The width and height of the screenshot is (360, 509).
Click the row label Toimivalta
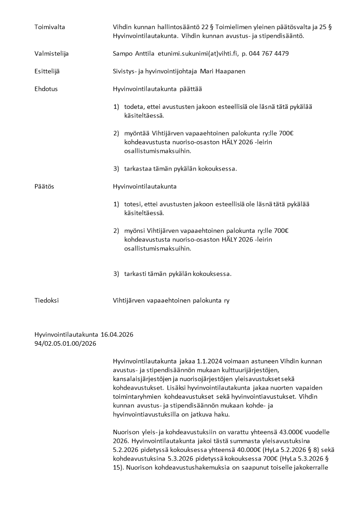coord(50,27)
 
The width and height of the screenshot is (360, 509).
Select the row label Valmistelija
coord(52,54)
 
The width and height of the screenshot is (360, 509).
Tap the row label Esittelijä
coord(47,72)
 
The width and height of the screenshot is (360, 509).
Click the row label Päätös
coord(44,186)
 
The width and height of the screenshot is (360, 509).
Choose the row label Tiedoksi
coord(46,300)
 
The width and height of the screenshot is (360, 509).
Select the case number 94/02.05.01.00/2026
coord(65,343)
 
